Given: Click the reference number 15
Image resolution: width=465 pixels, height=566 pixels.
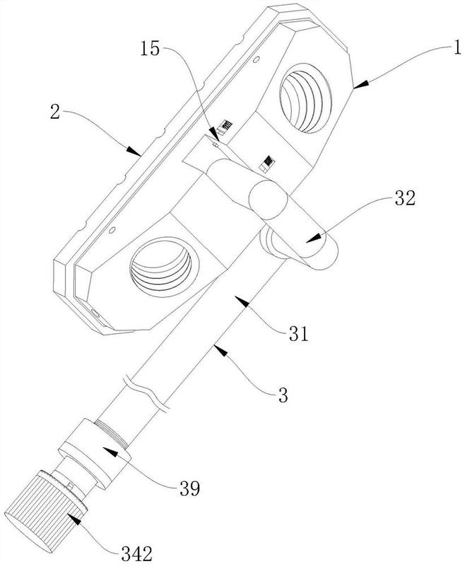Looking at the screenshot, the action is (150, 49).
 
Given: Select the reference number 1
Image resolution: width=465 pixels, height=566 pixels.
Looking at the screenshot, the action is (457, 48).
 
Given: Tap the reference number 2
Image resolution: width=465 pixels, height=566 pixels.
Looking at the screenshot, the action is (55, 112).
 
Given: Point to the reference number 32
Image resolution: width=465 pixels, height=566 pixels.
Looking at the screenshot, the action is (405, 198).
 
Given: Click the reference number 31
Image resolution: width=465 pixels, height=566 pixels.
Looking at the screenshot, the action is (299, 334).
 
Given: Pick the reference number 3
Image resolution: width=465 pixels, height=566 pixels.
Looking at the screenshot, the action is (283, 395).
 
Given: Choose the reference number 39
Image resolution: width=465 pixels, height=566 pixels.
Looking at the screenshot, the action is (189, 488).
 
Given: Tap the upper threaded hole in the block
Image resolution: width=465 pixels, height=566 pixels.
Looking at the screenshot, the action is (305, 96).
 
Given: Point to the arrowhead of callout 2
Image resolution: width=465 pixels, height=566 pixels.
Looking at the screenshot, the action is (134, 151).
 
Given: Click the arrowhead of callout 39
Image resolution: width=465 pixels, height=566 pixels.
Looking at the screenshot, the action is (110, 451).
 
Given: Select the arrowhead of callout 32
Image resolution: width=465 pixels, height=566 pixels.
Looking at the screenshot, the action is (313, 238).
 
